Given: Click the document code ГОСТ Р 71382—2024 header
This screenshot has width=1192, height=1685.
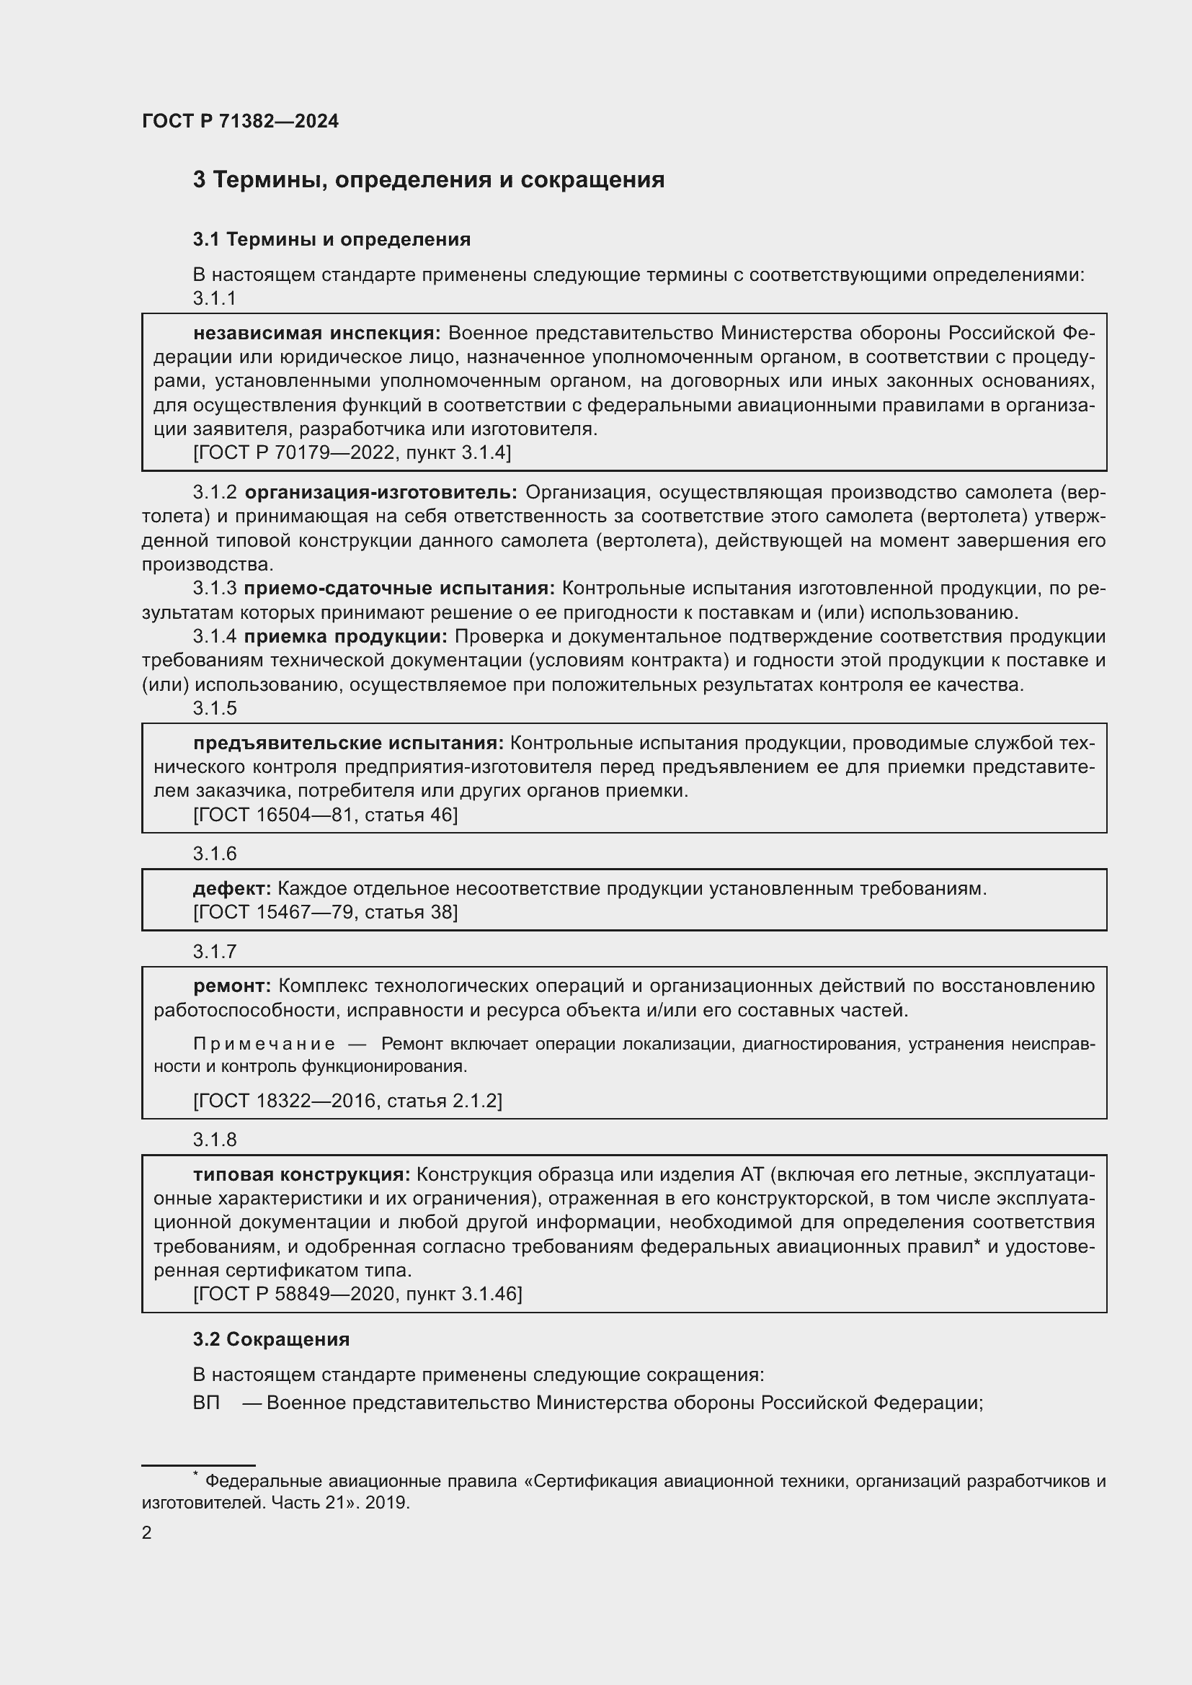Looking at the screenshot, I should (240, 121).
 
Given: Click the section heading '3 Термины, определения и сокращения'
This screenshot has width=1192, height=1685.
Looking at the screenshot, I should (429, 180).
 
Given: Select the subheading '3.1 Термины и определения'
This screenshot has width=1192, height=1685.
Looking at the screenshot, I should (332, 239).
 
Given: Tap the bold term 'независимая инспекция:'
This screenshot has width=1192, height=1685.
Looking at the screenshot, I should (316, 334).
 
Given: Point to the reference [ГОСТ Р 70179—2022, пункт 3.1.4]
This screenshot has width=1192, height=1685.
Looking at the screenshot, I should (352, 452).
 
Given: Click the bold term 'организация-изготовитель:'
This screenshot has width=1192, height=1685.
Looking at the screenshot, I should (381, 492).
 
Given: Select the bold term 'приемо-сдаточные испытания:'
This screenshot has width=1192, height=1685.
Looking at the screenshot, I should (399, 588).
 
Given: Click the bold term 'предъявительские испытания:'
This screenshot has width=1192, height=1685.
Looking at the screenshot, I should (349, 743).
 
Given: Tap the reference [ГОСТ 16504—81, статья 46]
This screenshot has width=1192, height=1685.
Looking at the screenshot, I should (325, 815).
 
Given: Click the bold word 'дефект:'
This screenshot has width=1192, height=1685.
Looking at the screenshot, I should (232, 888).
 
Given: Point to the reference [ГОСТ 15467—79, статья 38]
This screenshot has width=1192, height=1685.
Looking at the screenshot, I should (325, 912).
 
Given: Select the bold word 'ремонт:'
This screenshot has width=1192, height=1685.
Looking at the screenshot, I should (232, 985).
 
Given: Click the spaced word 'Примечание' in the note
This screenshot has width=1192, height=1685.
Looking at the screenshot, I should (264, 1044).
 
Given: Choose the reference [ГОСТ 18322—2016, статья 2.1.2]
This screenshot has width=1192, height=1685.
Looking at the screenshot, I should (348, 1101).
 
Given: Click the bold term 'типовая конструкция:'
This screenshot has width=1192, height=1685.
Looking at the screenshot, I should (302, 1174).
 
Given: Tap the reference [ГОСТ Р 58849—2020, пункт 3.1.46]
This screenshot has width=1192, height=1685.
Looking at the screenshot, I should (357, 1293).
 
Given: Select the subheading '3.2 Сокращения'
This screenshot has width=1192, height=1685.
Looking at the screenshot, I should (271, 1339).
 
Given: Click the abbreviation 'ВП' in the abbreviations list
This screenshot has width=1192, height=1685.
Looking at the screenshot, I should (206, 1403).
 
